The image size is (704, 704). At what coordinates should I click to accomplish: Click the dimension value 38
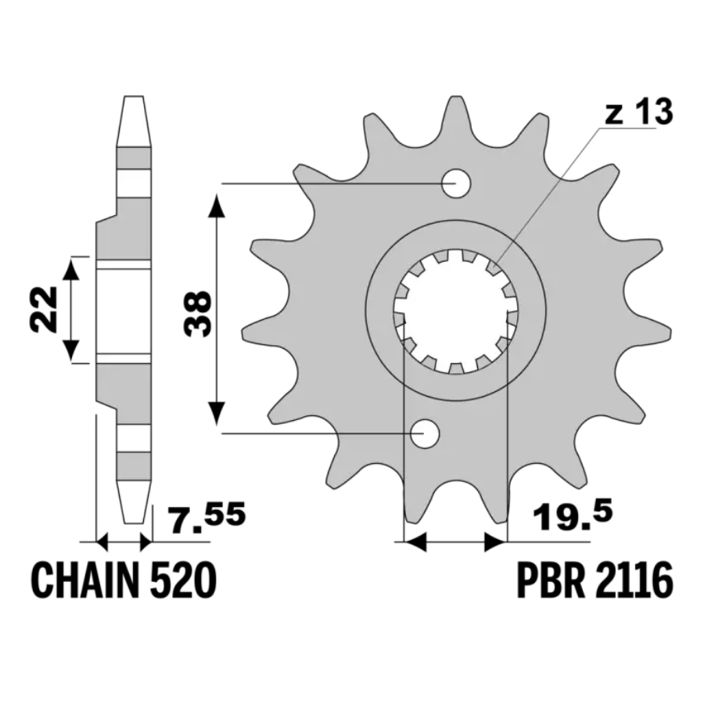(x=197, y=313)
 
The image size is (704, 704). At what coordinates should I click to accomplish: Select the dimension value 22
(x=44, y=309)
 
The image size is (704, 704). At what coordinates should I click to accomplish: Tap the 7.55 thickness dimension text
(x=207, y=518)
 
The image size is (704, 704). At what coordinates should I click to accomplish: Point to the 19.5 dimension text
(x=572, y=517)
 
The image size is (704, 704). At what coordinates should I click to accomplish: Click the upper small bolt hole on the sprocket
(x=456, y=183)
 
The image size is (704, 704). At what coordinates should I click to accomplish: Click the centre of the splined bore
(x=456, y=311)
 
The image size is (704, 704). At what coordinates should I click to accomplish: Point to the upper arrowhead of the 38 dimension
(x=217, y=204)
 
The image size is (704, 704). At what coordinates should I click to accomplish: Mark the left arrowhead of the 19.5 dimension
(x=415, y=542)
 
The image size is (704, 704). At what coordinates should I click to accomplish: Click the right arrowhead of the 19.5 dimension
(x=496, y=542)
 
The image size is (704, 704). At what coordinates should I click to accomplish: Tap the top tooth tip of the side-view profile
(x=134, y=97)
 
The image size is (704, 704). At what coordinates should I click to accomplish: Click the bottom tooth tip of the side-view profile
(x=133, y=523)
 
